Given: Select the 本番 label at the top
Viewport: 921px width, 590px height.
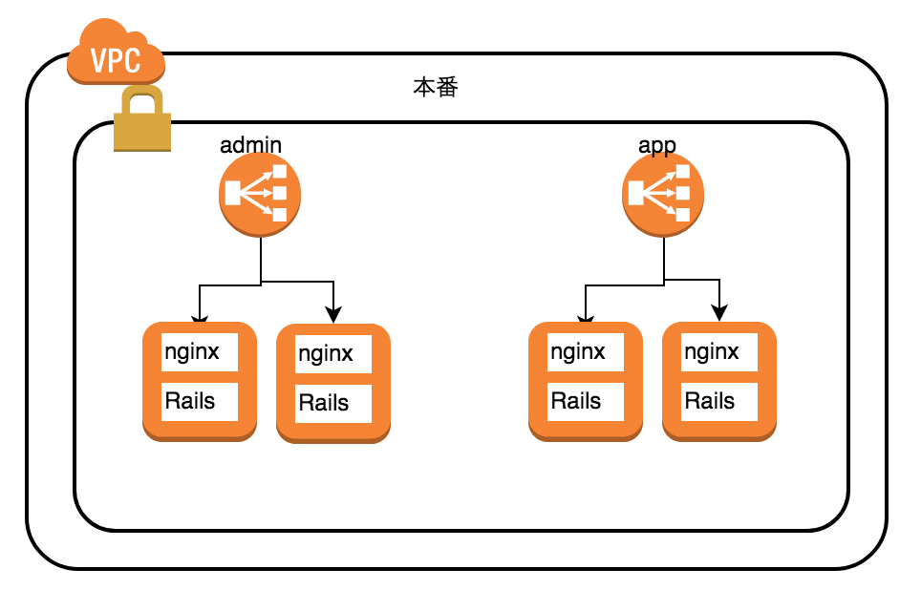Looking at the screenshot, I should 436,89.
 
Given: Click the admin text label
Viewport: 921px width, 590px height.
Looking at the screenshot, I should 250,145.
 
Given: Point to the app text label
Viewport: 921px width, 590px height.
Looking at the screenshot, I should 657,145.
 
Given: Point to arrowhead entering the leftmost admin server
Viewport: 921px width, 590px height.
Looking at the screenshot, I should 199,317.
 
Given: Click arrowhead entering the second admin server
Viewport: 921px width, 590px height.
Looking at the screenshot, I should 332,315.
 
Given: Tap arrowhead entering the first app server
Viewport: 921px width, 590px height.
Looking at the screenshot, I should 585,317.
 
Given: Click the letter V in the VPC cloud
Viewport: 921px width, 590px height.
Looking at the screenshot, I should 97,61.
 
